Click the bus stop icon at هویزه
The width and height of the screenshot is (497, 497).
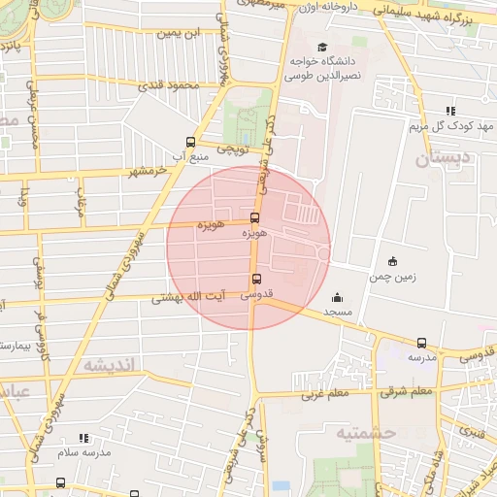click(x=254, y=217)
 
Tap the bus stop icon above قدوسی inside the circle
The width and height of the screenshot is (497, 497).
click(x=256, y=280)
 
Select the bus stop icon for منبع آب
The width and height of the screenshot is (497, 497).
click(x=190, y=142)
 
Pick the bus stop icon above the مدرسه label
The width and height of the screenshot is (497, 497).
click(x=421, y=343)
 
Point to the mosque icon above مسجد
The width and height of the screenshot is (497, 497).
click(x=337, y=297)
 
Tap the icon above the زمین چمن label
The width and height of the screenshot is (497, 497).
click(x=392, y=260)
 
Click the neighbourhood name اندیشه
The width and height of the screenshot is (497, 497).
click(x=114, y=365)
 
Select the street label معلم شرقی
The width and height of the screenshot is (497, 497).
click(x=406, y=391)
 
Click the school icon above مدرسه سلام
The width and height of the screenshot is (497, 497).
click(x=83, y=438)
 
